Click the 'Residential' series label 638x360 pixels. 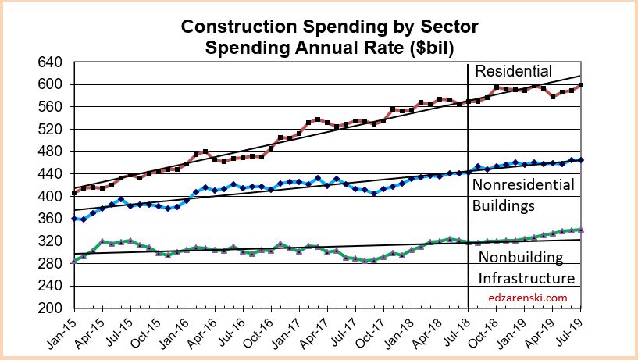(x=513, y=71)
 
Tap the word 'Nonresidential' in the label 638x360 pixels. (x=524, y=185)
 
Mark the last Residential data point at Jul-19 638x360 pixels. (x=580, y=85)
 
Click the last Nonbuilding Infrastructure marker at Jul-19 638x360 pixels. (x=580, y=230)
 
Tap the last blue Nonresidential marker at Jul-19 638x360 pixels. (x=580, y=160)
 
